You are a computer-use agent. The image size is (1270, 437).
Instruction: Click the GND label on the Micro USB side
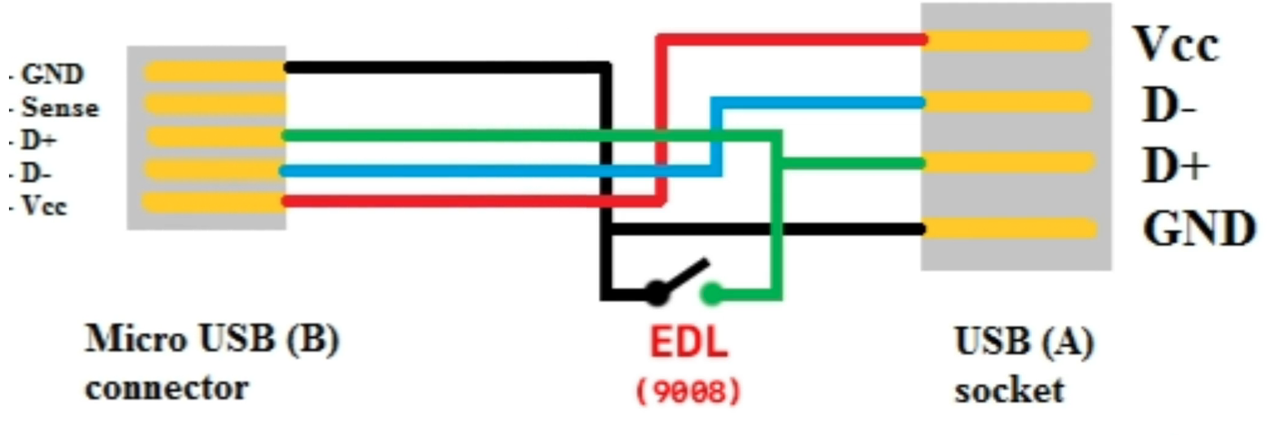[52, 74]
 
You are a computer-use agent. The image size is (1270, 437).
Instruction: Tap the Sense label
[60, 108]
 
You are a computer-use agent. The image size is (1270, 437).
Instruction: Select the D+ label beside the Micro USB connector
[38, 140]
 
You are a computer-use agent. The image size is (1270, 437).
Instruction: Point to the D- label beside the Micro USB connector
[36, 173]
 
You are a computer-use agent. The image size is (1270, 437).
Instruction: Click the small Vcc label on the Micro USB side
[44, 205]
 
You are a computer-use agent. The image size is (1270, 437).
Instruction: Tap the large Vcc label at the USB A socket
[1175, 44]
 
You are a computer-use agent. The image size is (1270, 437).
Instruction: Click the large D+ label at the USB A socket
[1175, 165]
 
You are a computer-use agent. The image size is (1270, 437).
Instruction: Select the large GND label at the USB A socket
[1198, 228]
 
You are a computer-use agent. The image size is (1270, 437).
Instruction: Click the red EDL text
[688, 342]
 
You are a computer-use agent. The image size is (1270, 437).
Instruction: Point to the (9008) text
[688, 391]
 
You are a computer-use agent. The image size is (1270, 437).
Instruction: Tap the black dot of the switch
[657, 293]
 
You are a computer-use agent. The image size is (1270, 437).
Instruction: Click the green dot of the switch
[711, 294]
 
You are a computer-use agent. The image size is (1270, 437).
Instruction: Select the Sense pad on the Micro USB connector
[215, 104]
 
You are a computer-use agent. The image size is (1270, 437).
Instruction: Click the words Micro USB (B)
[212, 339]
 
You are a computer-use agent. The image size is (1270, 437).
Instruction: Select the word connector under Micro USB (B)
[166, 389]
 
